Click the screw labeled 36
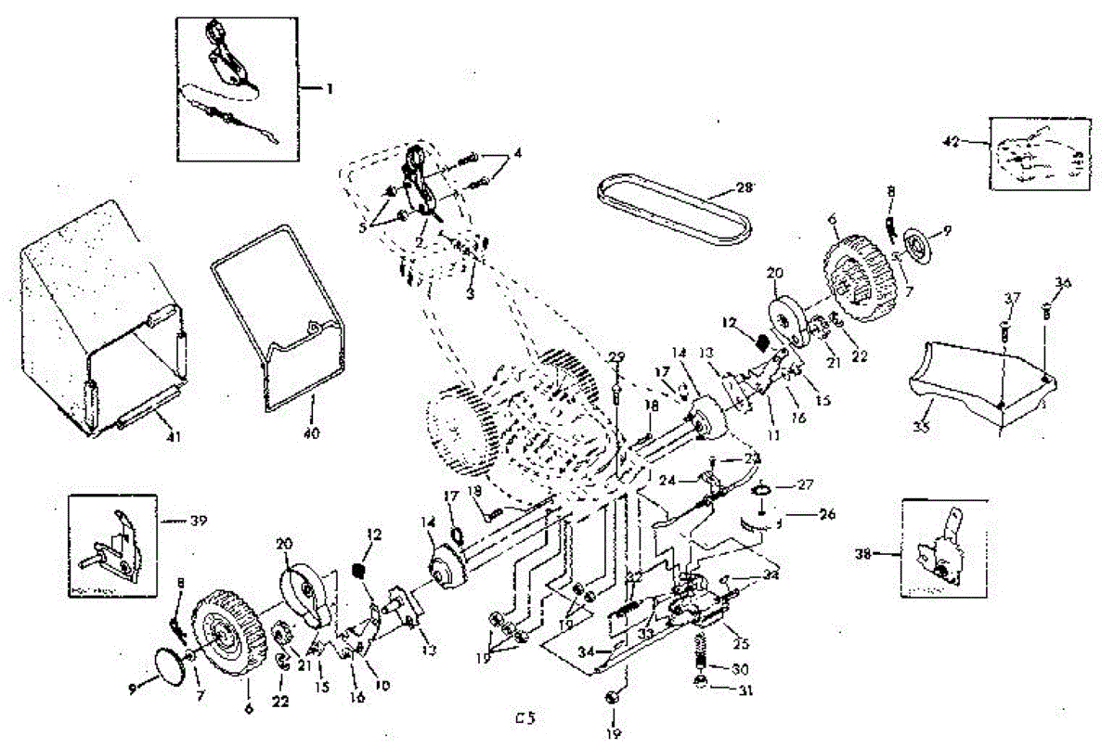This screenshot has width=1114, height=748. point(1047,312)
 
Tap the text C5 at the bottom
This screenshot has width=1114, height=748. point(526,717)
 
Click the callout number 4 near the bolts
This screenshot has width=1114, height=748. point(518,153)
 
